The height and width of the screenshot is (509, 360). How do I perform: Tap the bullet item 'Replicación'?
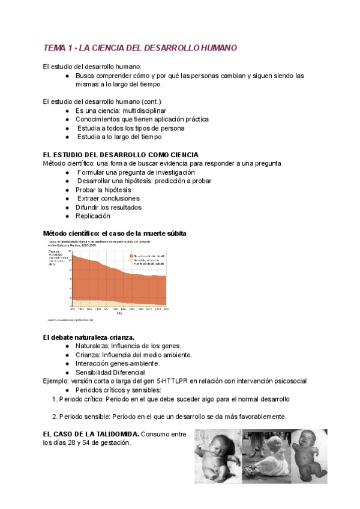click(x=93, y=215)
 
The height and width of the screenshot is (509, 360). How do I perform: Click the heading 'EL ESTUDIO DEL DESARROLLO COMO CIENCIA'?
click(x=121, y=155)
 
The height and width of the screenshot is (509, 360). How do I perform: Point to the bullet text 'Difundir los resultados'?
click(x=109, y=207)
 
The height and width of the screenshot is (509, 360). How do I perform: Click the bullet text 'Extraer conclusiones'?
click(x=109, y=198)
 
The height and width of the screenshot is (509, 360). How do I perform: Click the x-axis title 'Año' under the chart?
click(x=119, y=313)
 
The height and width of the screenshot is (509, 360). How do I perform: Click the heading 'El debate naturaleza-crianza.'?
click(x=89, y=337)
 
